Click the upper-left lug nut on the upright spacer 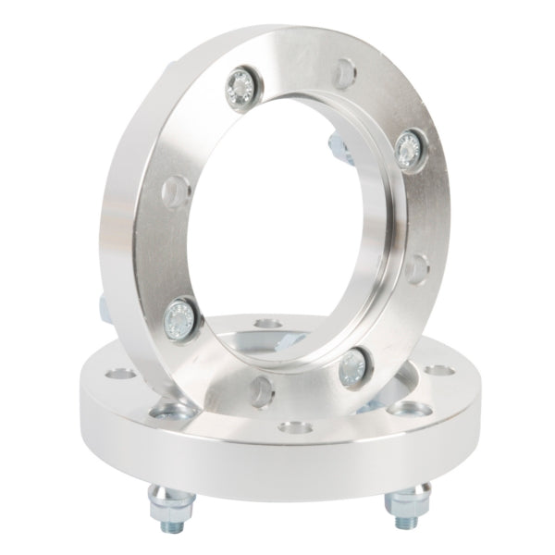click(x=243, y=86)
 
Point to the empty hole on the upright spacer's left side click(x=170, y=192)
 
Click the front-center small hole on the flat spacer click(x=295, y=428)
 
